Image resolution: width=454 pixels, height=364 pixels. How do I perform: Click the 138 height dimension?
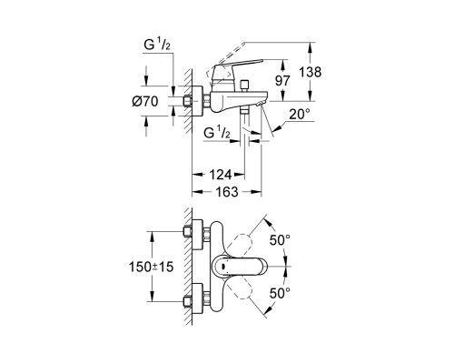tap(311, 73)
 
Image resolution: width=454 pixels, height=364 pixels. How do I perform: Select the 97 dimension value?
tap(282, 81)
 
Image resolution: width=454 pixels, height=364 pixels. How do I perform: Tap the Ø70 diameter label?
tap(145, 101)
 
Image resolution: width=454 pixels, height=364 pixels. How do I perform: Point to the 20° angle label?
tap(300, 115)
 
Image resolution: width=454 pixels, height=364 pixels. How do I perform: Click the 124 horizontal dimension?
tap(221, 175)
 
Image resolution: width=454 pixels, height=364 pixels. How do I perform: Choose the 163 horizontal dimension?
tap(227, 192)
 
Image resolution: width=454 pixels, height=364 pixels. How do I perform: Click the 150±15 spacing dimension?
tap(152, 267)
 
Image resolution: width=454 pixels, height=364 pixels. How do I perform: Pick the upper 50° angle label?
tap(280, 240)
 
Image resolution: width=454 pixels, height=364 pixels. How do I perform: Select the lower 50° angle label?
tap(280, 293)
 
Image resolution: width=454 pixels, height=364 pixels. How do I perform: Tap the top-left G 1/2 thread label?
tap(157, 45)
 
